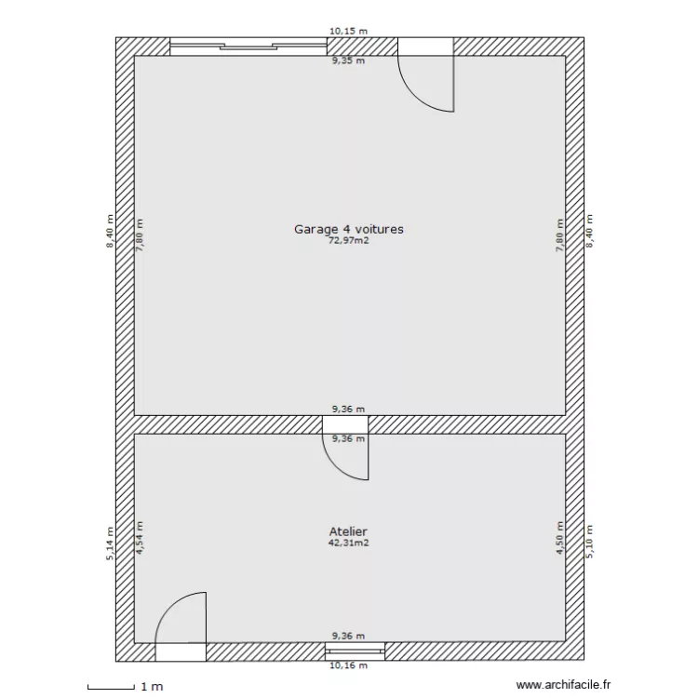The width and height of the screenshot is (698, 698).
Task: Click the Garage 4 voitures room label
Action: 349,228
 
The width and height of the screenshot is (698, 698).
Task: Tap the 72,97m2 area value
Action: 349,240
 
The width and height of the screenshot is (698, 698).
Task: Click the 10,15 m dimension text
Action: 349,31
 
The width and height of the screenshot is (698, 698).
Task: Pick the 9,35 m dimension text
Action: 349,61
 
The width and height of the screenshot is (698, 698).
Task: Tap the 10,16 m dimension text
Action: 349,666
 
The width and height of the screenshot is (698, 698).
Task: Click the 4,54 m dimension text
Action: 141,540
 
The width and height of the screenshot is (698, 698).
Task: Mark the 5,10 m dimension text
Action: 589,540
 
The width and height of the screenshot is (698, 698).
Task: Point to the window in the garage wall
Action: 247,47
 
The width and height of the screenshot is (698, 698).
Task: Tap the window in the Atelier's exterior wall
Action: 355,651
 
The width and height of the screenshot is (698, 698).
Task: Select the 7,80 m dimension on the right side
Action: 559,237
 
